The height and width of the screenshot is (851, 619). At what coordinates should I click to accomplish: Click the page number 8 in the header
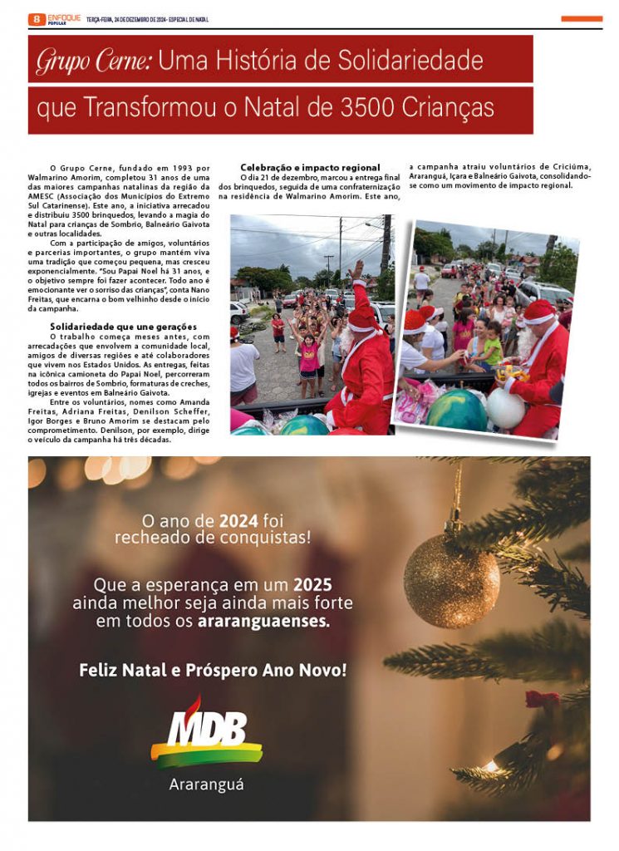[37, 19]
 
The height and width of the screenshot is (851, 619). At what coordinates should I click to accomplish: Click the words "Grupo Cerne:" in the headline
[93, 61]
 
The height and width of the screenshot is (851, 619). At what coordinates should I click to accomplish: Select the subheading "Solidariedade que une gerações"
[123, 326]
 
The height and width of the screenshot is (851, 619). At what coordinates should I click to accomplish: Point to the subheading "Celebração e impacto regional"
[310, 168]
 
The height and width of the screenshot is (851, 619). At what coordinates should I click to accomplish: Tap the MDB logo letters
[208, 730]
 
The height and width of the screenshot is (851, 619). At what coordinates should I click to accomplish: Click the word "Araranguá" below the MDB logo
[206, 784]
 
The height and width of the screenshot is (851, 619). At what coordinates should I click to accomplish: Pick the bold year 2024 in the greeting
[238, 521]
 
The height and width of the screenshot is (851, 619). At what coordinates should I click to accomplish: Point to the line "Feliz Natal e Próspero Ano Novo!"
[213, 669]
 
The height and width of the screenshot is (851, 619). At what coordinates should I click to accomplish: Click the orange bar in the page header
[582, 18]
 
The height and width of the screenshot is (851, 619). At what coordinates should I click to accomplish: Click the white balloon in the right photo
[505, 408]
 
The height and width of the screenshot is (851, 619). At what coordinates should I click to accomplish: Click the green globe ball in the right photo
[456, 410]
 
